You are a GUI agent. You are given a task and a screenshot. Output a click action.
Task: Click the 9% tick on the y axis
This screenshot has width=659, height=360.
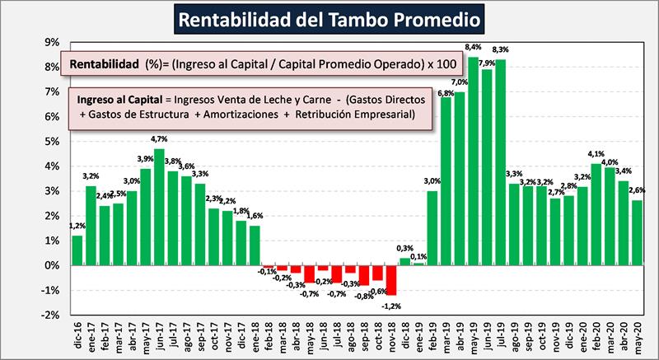51,43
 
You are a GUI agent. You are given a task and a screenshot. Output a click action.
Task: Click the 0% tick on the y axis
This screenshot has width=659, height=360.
51,265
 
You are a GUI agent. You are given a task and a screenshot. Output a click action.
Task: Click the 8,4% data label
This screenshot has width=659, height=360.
474,48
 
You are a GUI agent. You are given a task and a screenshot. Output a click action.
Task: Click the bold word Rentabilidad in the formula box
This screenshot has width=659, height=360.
105,64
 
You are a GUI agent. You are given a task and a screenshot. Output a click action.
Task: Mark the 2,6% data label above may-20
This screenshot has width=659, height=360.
636,192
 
